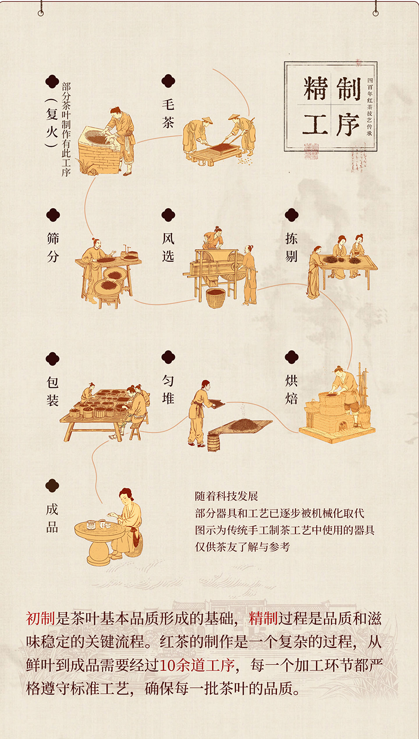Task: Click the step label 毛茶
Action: pyautogui.click(x=168, y=114)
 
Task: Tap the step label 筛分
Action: pyautogui.click(x=53, y=247)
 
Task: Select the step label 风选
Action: pyautogui.click(x=168, y=247)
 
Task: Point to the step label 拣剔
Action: pyautogui.click(x=292, y=247)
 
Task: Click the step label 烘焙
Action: pyautogui.click(x=292, y=389)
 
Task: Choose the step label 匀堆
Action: pyautogui.click(x=168, y=389)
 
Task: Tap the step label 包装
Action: pyautogui.click(x=53, y=391)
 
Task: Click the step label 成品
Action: pyautogui.click(x=52, y=518)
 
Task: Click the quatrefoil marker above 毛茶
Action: pyautogui.click(x=168, y=81)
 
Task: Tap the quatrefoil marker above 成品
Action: pyautogui.click(x=52, y=486)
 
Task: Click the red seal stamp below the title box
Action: pyautogui.click(x=311, y=152)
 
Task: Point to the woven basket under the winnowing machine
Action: pyautogui.click(x=216, y=298)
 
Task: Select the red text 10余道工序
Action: pyautogui.click(x=197, y=665)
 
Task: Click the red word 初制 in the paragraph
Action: pyautogui.click(x=40, y=618)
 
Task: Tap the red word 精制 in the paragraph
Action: pyautogui.click(x=263, y=618)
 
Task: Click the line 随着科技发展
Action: pyautogui.click(x=226, y=496)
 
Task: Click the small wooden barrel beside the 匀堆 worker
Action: pyautogui.click(x=213, y=443)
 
